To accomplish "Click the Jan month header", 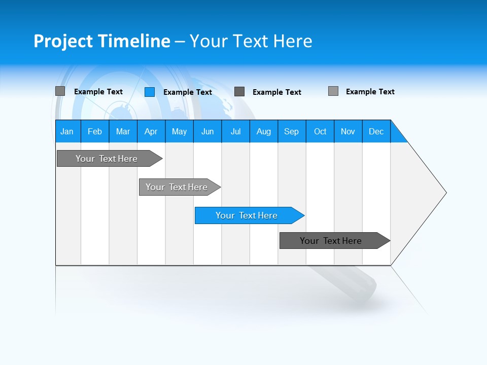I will [x=67, y=131].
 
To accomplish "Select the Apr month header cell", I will [x=151, y=131].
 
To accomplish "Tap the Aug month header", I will [x=264, y=131].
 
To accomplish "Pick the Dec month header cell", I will [x=376, y=131].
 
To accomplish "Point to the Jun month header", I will [x=207, y=131].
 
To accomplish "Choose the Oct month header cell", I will [x=320, y=131].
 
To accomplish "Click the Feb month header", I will [x=95, y=131].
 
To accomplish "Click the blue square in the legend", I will [x=150, y=92].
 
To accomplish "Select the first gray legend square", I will [x=60, y=91].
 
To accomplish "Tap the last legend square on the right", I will [x=333, y=91].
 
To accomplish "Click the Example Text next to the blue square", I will [x=188, y=92].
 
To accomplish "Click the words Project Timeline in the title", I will [x=101, y=41].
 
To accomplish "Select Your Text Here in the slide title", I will [x=251, y=41].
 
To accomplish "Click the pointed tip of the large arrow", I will [x=445, y=193].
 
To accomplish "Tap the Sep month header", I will [x=292, y=131].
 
